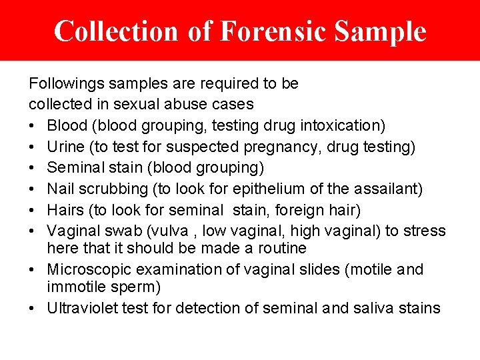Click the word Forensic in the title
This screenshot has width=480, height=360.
click(273, 31)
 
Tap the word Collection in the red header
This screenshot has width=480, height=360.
click(116, 31)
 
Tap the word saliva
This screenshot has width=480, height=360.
click(373, 308)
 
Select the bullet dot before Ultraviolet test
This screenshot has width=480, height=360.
click(33, 309)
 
